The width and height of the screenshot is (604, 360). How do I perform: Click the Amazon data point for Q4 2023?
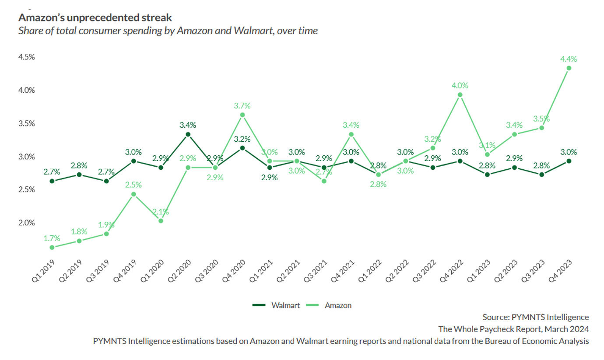coord(569,68)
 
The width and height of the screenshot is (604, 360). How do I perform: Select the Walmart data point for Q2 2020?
coord(188,134)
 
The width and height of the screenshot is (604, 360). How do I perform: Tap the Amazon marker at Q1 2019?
coord(52,248)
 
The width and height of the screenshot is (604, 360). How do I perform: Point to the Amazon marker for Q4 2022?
coord(460,95)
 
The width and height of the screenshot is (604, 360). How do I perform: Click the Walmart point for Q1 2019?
coord(52,181)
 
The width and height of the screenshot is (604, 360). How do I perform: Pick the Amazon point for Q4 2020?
coord(242,115)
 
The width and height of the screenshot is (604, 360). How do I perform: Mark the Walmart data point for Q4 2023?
coord(569,161)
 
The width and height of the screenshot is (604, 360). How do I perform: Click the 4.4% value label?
coord(569,59)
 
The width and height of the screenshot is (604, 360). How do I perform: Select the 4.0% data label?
coord(460,85)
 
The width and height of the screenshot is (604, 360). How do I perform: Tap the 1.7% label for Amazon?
coord(52,238)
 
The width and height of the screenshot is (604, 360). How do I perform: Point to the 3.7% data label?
coord(242,105)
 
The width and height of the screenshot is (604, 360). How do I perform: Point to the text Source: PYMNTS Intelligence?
coord(536,317)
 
